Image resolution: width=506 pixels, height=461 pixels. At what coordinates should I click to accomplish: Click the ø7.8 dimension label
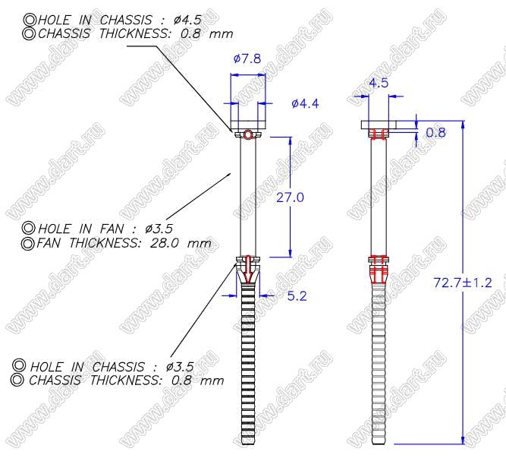[x=247, y=58]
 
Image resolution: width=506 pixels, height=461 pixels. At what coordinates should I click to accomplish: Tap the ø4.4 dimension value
[x=305, y=104]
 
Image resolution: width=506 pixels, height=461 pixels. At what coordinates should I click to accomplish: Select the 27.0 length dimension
[x=290, y=197]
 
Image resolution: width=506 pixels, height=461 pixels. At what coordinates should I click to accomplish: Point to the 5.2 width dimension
[x=297, y=296]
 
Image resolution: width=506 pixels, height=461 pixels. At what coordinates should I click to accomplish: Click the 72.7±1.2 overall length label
[x=463, y=283]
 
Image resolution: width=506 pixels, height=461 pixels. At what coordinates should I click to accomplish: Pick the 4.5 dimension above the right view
[x=379, y=83]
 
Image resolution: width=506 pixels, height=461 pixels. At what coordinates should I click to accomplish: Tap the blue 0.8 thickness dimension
[x=435, y=132]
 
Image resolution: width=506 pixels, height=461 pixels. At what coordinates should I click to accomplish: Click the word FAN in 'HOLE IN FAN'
[x=112, y=229]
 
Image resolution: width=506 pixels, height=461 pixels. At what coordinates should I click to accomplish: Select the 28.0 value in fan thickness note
[x=165, y=242]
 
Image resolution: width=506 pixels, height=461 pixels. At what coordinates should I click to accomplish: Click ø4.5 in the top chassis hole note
[x=187, y=20]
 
